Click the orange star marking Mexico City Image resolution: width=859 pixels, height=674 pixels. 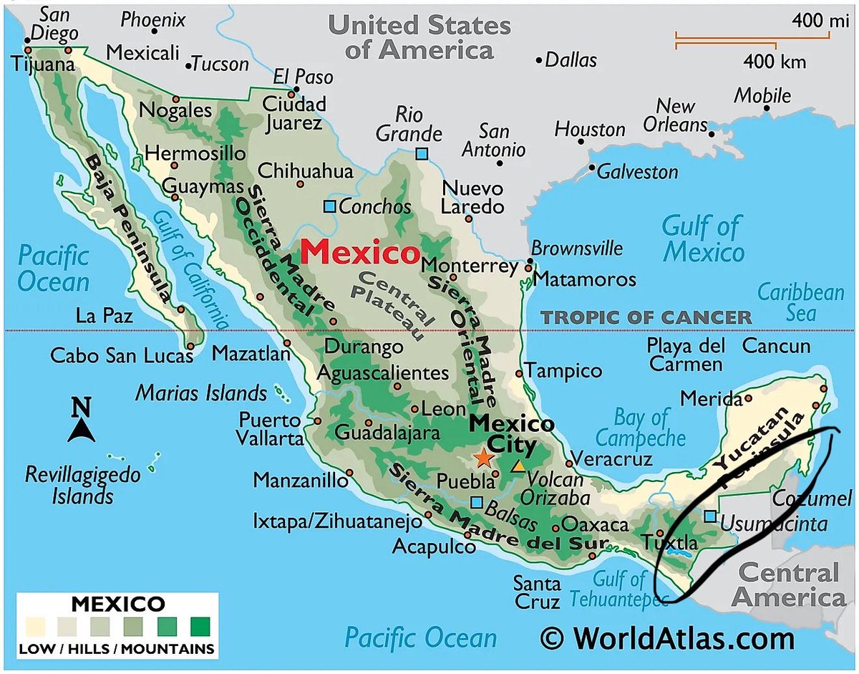point(484,457)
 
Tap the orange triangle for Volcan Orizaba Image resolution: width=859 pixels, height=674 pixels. point(518,466)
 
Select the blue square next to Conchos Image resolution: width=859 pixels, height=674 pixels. point(329,206)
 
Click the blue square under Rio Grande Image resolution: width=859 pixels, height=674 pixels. point(422,153)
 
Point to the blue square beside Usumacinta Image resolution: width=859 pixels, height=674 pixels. point(709,516)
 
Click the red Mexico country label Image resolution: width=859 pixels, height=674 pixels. point(360,253)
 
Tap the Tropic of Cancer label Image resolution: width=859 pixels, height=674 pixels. point(646,317)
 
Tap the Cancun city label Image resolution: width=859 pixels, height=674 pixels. point(777,346)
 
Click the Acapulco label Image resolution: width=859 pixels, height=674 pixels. point(434,547)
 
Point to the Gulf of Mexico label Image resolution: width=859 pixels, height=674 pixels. point(703,239)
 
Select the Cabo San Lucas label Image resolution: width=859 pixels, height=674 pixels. point(122,355)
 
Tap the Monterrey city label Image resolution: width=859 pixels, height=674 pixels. point(470,266)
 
